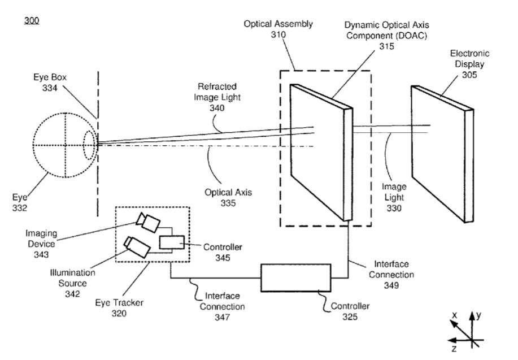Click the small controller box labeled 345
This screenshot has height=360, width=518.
coord(171,242)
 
